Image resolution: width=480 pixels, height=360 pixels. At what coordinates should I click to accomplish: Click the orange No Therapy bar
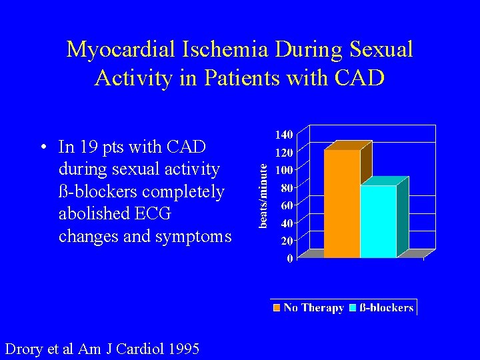pyautogui.click(x=342, y=203)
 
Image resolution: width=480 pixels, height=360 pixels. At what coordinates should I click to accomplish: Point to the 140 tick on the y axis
pyautogui.click(x=284, y=134)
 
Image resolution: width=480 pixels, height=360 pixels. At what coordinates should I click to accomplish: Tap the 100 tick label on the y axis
pyautogui.click(x=284, y=169)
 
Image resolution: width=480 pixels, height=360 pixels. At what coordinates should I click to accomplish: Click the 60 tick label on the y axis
pyautogui.click(x=286, y=205)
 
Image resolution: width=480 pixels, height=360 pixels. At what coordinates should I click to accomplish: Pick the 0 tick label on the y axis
pyautogui.click(x=289, y=258)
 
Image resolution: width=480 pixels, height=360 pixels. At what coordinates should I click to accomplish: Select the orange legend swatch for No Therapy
pyautogui.click(x=276, y=307)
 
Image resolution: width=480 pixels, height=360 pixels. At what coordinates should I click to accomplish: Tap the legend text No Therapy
pyautogui.click(x=313, y=307)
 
